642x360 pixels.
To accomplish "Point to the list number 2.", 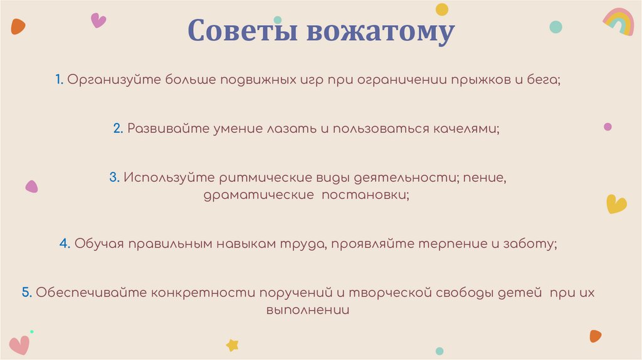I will [x=117, y=128].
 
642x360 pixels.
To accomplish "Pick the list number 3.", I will [x=113, y=177].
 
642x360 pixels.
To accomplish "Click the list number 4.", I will [x=64, y=244].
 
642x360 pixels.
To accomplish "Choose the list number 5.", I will [x=26, y=292].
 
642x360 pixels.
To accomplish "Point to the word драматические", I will [x=258, y=195].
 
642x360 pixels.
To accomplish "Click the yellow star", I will [x=233, y=344].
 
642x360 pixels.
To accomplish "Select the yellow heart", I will [x=616, y=204].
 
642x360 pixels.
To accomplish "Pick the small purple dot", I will [x=608, y=127].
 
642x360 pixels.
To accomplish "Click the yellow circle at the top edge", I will [x=442, y=9].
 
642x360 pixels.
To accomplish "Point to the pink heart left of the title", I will [x=98, y=20].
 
